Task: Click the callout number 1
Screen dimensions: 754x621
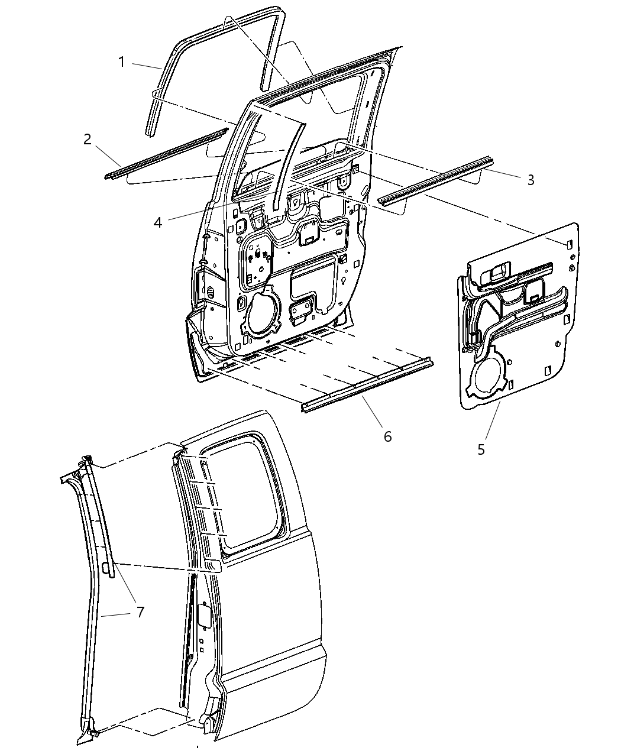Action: (121, 62)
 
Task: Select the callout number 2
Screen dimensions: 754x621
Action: (88, 140)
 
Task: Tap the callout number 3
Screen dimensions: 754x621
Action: (531, 180)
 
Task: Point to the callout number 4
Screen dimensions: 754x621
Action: (157, 222)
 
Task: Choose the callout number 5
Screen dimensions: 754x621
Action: (481, 449)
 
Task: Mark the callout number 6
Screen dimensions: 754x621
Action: (387, 436)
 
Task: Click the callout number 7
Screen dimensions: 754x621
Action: (140, 612)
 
